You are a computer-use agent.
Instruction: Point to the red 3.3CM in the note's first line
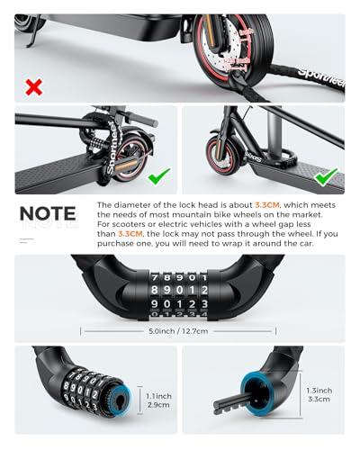(x=267, y=206)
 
